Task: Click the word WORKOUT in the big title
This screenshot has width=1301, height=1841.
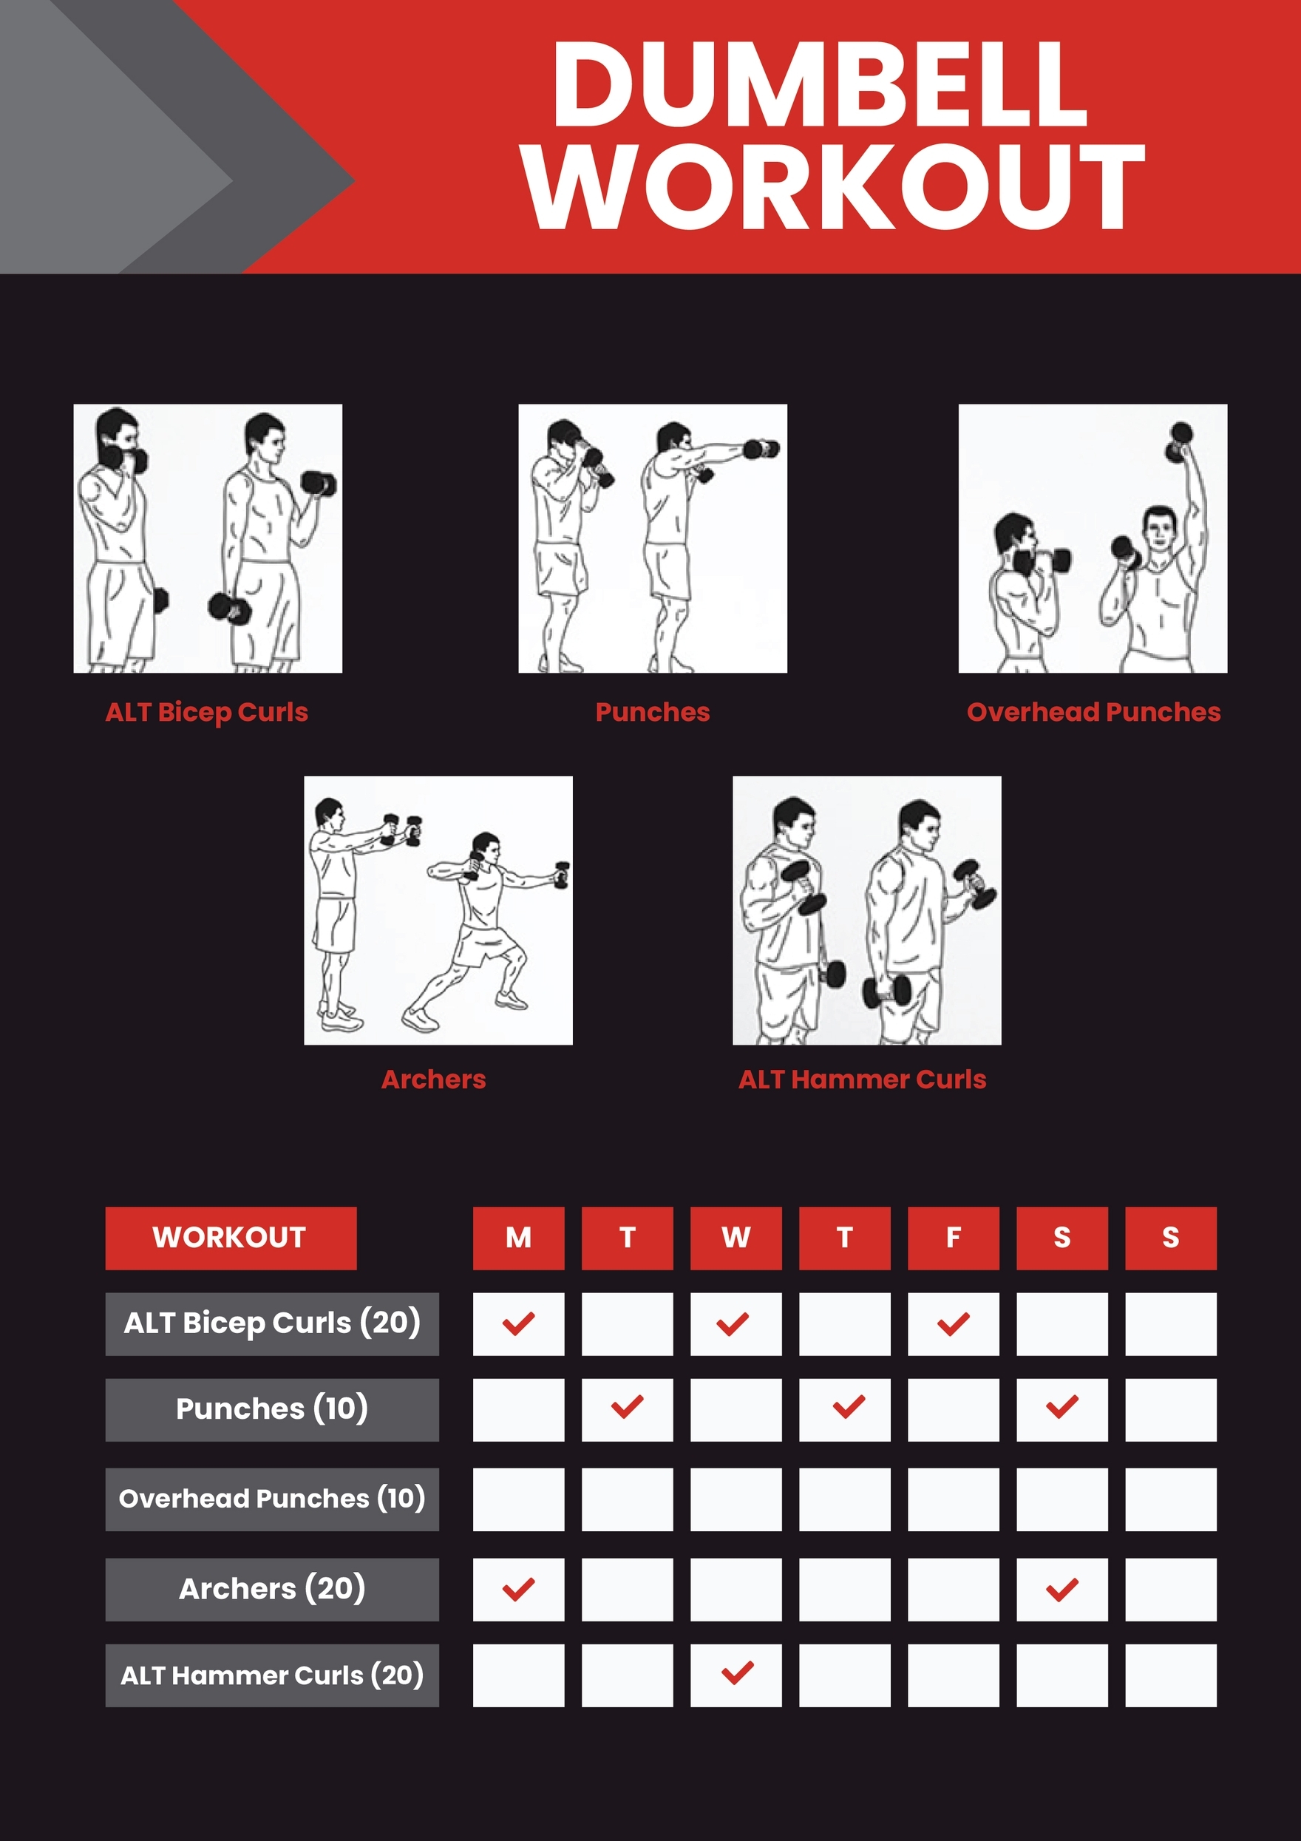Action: [834, 187]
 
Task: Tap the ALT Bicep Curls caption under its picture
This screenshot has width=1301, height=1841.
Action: [207, 712]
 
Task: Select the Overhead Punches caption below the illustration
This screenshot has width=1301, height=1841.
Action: [1093, 712]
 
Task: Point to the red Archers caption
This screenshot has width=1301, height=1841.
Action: [434, 1079]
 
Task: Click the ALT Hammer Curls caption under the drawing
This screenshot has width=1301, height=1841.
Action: [862, 1079]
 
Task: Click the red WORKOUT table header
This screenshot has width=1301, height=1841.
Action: [230, 1238]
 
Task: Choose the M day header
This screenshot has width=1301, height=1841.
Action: [518, 1238]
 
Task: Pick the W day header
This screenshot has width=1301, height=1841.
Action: [735, 1238]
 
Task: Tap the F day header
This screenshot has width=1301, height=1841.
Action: [953, 1238]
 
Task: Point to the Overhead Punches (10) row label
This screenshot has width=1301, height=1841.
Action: [272, 1499]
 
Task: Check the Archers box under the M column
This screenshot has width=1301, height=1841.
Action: [518, 1588]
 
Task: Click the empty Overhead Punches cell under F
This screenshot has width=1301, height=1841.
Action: [953, 1499]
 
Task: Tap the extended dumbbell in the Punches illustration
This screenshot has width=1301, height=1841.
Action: [761, 448]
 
